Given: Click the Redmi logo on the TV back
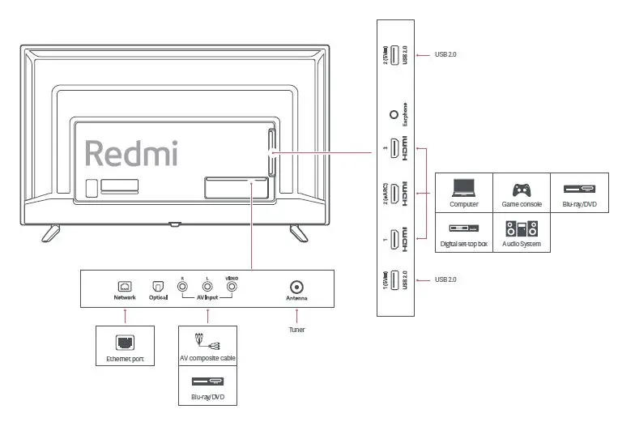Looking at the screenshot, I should (x=131, y=153).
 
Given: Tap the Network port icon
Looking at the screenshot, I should (x=125, y=287).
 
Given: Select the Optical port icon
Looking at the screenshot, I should (x=158, y=287).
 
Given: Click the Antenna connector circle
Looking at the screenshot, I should (x=297, y=287).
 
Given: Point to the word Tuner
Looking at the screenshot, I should (x=297, y=330).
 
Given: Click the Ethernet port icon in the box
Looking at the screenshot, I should (x=125, y=343).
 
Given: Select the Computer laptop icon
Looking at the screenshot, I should (x=463, y=190).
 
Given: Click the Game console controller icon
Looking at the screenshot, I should (x=521, y=190).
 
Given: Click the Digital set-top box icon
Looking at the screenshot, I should (x=464, y=229).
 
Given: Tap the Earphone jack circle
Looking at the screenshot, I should (x=394, y=116).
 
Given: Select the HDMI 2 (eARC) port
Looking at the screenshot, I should (x=394, y=194).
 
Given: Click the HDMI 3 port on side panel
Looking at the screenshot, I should (x=394, y=148).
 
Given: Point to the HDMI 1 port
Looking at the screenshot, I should (x=394, y=239).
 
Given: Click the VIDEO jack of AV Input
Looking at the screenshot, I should (x=232, y=286).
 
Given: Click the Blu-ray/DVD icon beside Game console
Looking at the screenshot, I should (x=579, y=190).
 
